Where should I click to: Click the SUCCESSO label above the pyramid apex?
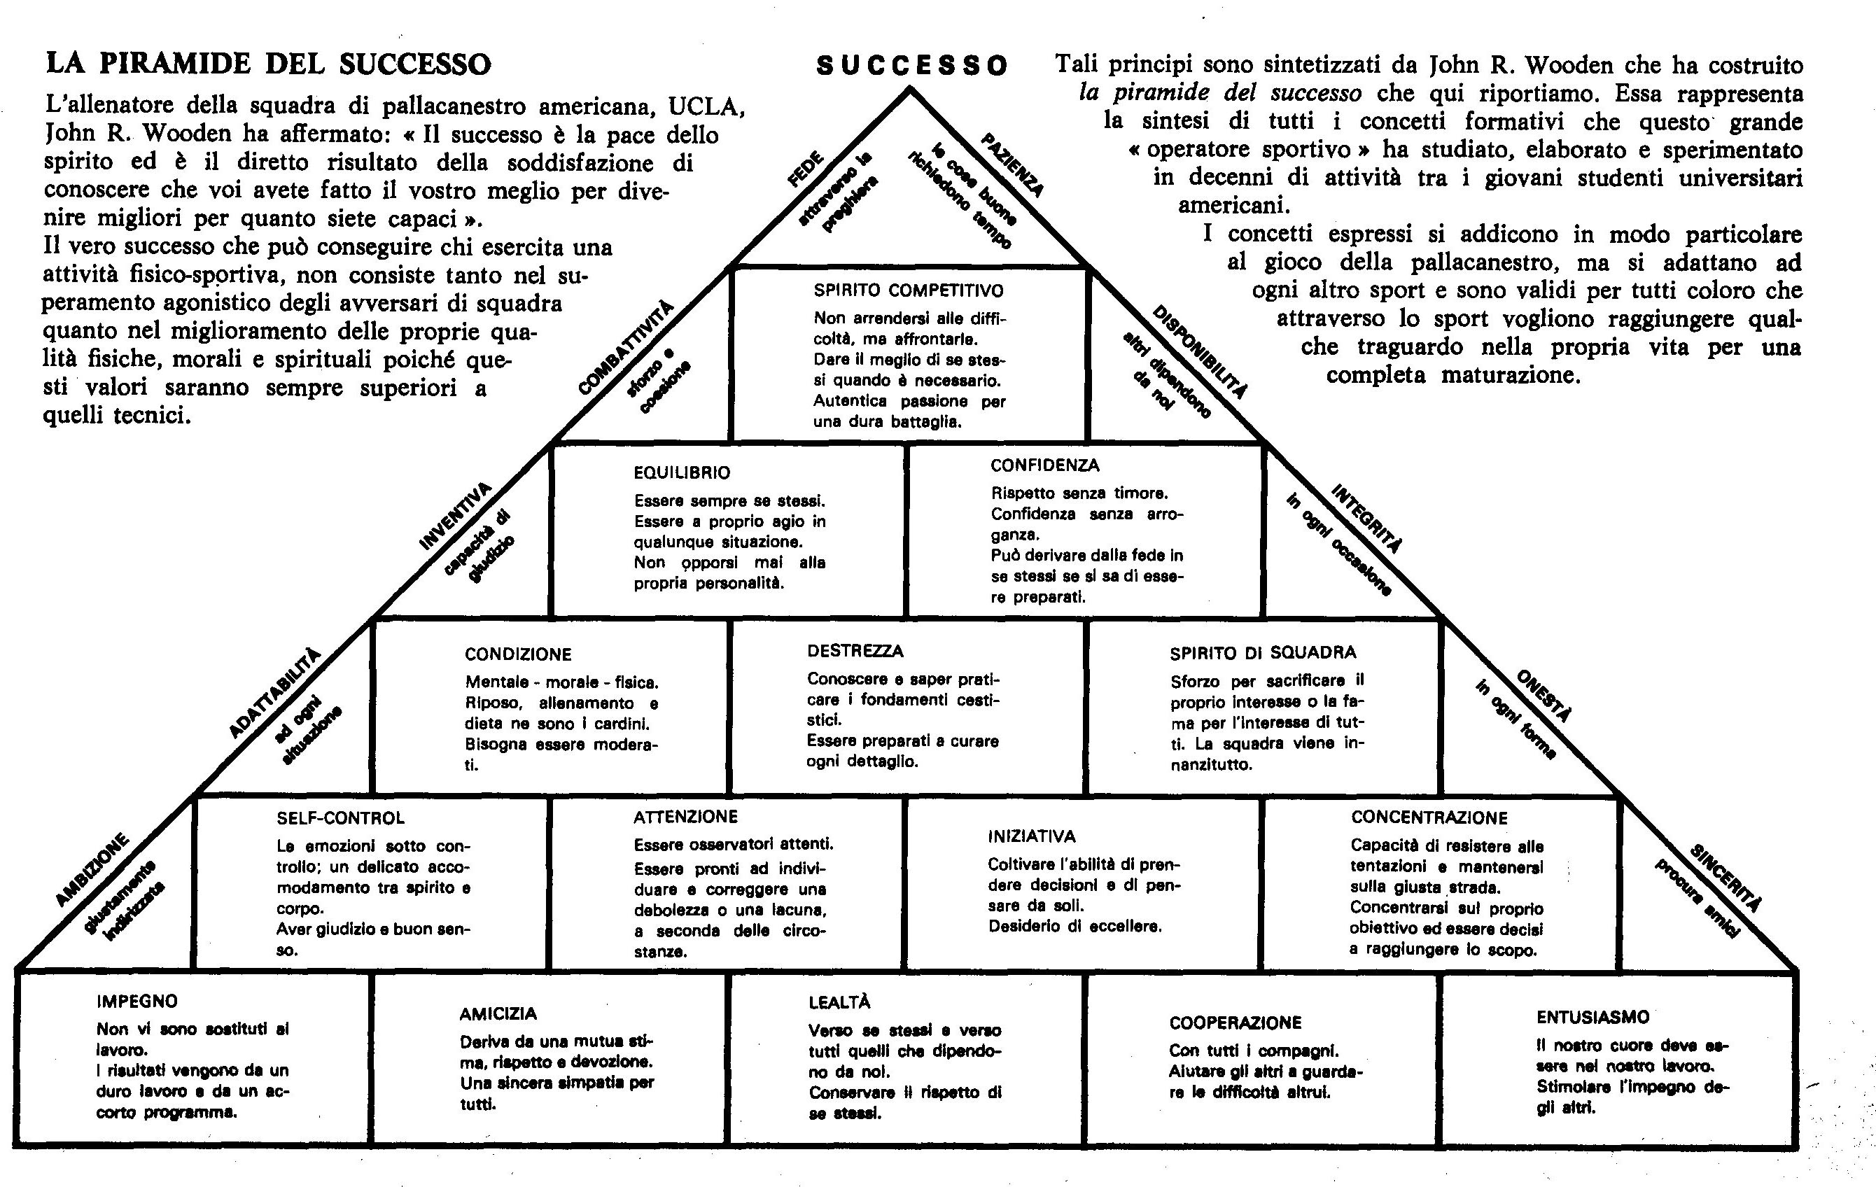(x=911, y=65)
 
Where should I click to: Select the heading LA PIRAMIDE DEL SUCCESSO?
(x=269, y=63)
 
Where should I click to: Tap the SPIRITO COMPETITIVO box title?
(x=909, y=290)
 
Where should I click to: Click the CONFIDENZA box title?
(x=1044, y=465)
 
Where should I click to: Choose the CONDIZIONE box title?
(x=518, y=654)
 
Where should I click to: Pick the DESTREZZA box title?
(x=855, y=650)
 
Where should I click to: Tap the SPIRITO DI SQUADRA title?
(x=1263, y=653)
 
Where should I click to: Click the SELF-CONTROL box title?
(x=340, y=818)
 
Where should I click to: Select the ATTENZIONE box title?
(x=685, y=816)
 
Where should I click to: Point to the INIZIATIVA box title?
(x=1032, y=836)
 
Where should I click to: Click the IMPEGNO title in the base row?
(x=137, y=1001)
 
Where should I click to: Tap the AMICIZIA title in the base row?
(x=498, y=1013)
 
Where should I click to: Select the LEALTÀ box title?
(x=839, y=1002)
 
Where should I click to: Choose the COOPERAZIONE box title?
(x=1235, y=1022)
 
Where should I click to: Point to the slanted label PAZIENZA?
(x=1012, y=164)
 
